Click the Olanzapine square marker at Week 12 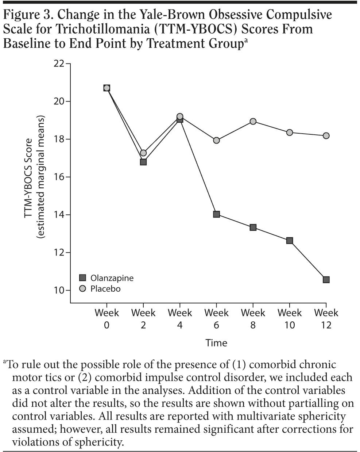point(326,280)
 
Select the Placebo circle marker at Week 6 point(216,140)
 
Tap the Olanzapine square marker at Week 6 point(216,214)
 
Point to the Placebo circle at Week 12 point(326,135)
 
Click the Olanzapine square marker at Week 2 point(143,162)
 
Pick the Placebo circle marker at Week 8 point(253,121)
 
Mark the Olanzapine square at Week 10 point(290,241)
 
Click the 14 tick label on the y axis point(58,215)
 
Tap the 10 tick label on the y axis point(58,291)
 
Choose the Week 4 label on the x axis point(180,318)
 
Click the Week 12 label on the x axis point(326,318)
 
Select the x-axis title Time point(216,343)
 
